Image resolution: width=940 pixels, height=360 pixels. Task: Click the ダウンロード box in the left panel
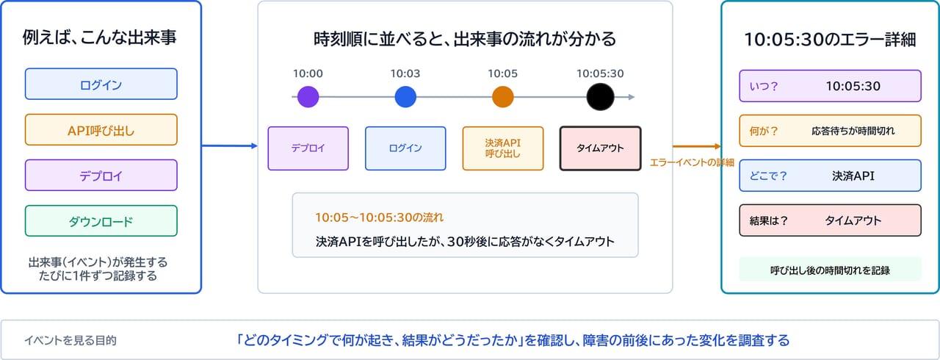point(101,220)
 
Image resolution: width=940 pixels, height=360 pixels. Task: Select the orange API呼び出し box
point(101,129)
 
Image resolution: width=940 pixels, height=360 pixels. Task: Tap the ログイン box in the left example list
point(101,84)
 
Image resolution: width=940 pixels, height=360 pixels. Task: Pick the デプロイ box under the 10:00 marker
point(308,148)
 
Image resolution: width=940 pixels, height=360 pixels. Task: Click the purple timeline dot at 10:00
point(308,97)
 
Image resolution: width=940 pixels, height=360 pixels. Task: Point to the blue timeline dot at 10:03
point(405,97)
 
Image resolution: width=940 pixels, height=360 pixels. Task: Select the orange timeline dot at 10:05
point(503,97)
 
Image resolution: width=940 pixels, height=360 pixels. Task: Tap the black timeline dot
point(600,97)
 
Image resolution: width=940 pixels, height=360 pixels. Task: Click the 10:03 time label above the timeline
point(405,73)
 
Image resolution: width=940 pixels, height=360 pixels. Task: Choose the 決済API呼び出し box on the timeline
point(503,148)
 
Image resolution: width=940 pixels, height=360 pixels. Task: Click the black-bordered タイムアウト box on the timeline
point(600,148)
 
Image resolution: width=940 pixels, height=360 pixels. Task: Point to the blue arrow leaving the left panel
point(230,146)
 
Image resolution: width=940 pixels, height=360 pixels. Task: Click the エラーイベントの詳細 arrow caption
point(692,162)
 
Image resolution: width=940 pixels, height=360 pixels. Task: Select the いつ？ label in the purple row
point(764,86)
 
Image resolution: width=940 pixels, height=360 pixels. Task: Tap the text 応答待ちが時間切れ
point(853,131)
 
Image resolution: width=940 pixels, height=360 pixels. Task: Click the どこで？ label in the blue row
point(768,176)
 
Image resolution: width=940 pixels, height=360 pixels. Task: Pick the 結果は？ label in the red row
point(768,220)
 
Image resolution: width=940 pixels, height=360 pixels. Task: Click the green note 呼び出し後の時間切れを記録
point(830,270)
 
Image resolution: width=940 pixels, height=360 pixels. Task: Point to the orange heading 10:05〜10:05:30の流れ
point(380,217)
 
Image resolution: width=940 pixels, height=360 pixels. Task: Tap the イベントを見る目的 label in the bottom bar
point(70,340)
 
